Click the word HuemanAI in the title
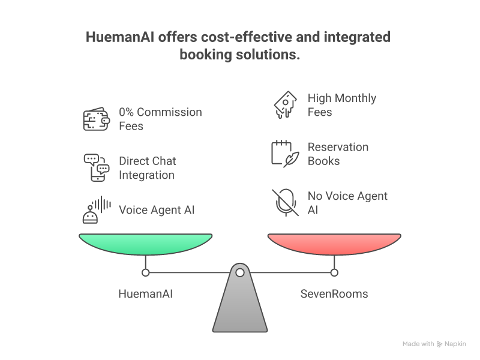click(x=120, y=37)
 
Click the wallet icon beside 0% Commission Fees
click(x=97, y=119)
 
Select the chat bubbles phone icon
click(x=97, y=168)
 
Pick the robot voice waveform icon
click(x=97, y=210)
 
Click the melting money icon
click(x=285, y=104)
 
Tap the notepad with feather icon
click(x=285, y=154)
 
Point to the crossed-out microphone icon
click(x=286, y=203)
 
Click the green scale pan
click(x=145, y=244)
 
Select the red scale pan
click(x=334, y=244)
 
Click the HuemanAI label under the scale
click(x=145, y=294)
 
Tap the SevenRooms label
click(x=334, y=294)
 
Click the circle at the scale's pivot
click(x=240, y=272)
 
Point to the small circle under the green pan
click(x=145, y=272)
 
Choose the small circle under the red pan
click(x=334, y=272)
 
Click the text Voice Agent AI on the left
click(x=157, y=210)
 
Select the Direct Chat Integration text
click(x=148, y=168)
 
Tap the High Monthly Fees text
click(x=342, y=105)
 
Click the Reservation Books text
click(x=338, y=154)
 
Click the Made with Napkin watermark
click(x=434, y=344)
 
